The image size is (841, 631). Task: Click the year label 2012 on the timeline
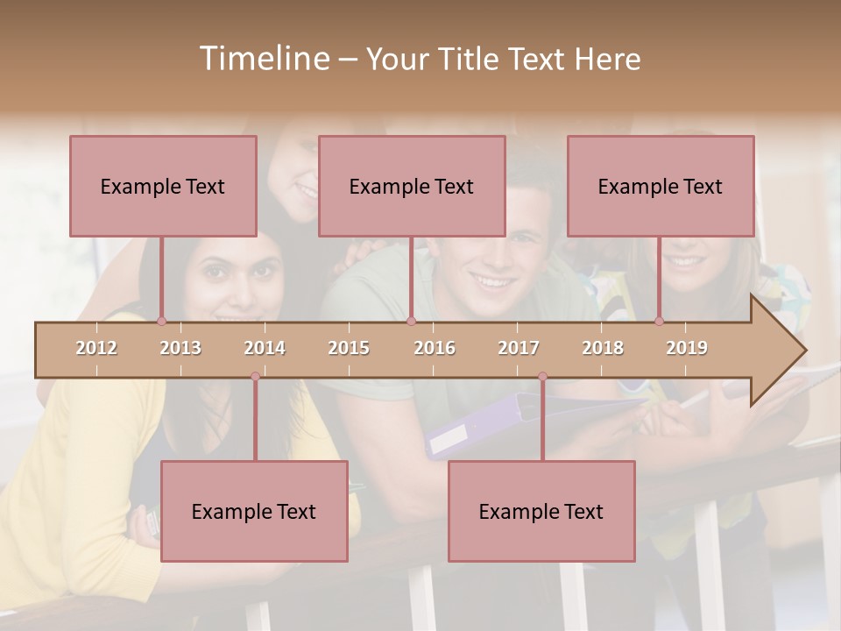tap(96, 349)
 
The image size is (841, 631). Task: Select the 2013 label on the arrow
tap(180, 349)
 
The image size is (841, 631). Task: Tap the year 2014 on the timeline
tap(265, 349)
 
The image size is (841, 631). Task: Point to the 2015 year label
tap(349, 349)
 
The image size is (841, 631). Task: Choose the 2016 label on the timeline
tap(435, 349)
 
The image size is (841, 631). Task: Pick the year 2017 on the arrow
tap(519, 349)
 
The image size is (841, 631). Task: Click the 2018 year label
tap(603, 349)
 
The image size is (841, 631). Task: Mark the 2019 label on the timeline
tap(687, 349)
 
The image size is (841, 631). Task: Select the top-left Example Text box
tap(163, 186)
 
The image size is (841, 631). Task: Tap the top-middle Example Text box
tap(412, 186)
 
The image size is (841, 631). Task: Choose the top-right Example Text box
tap(661, 186)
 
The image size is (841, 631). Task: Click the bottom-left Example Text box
tap(254, 511)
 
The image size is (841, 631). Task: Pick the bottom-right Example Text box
tap(541, 511)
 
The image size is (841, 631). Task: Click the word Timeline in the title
tap(264, 59)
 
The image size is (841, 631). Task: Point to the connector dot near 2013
tap(161, 322)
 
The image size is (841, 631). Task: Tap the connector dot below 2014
tap(255, 377)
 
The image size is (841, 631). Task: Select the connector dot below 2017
tap(542, 377)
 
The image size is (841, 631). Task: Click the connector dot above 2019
tap(660, 322)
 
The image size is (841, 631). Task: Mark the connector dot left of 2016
tap(411, 322)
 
